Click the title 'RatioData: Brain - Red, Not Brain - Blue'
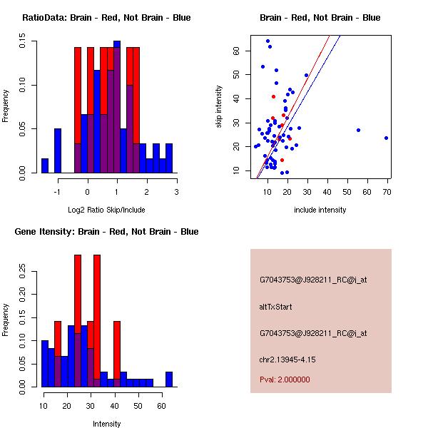pyautogui.click(x=106, y=18)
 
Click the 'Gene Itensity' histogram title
pyautogui.click(x=106, y=232)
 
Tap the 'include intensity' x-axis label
pyautogui.click(x=320, y=210)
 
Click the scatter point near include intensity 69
pyautogui.click(x=386, y=138)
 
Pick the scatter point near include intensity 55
pyautogui.click(x=358, y=130)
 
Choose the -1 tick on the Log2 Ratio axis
pyautogui.click(x=57, y=191)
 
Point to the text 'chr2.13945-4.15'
pyautogui.click(x=287, y=359)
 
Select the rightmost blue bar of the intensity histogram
pyautogui.click(x=169, y=379)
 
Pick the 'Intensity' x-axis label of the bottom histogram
pyautogui.click(x=106, y=424)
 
